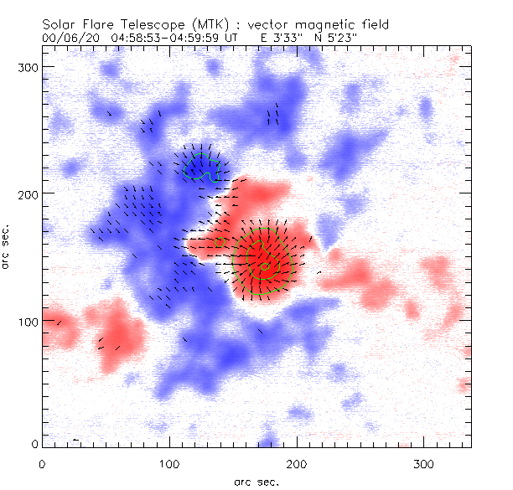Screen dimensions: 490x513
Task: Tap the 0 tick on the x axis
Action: click(x=41, y=462)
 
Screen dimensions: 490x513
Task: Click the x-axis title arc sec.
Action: click(x=256, y=481)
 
